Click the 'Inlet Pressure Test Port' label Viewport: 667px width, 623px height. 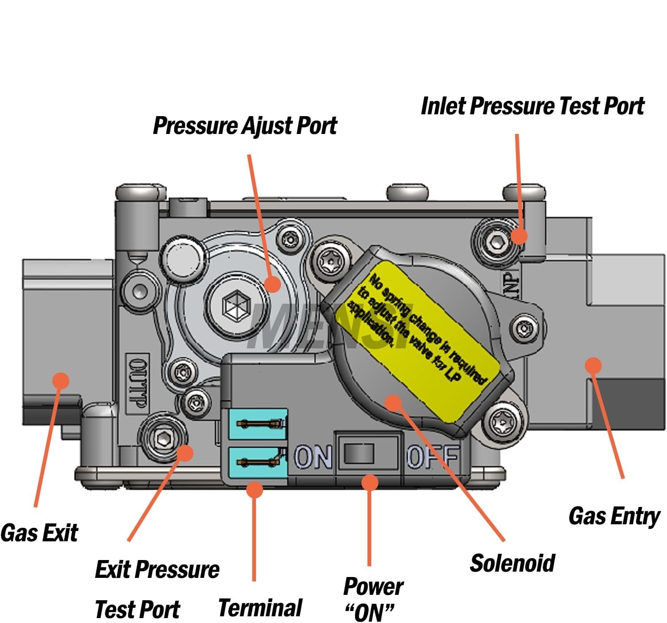point(533,106)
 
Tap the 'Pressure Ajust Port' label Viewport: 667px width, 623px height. point(245,126)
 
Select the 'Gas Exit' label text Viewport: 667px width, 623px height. point(39,533)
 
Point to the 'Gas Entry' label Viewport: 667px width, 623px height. point(614,516)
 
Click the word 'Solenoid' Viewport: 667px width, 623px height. point(512,563)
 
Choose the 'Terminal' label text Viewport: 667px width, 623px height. point(260,608)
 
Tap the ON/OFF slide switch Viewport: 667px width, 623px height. point(359,454)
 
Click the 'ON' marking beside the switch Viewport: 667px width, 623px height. point(313,457)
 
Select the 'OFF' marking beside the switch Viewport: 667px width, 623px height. point(432,457)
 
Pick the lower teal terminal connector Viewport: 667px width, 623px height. point(258,462)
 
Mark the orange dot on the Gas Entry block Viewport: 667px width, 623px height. point(593,365)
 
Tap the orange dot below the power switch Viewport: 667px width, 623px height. point(369,482)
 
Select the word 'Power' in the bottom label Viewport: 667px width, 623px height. point(373,586)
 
